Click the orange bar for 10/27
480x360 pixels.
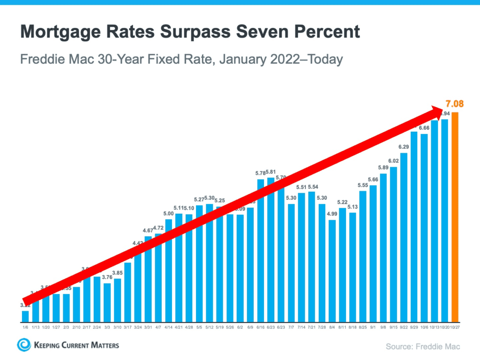pos(455,216)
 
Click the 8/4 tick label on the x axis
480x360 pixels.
pos(332,327)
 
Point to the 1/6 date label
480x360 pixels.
pos(25,327)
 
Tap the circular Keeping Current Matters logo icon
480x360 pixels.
pos(23,345)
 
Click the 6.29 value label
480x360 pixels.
pos(404,147)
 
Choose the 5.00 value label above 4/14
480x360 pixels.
pos(169,213)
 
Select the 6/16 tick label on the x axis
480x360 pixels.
pos(261,327)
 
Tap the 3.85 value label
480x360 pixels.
pos(118,273)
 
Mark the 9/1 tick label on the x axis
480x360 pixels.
pos(373,327)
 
